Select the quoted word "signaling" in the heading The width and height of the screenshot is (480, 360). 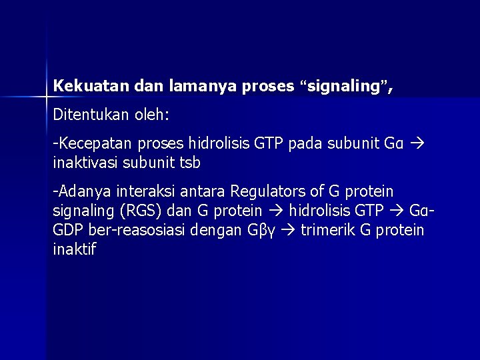pyautogui.click(x=344, y=86)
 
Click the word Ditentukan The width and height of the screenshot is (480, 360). pyautogui.click(x=84, y=115)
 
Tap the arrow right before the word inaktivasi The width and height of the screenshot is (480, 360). pyautogui.click(x=420, y=144)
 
